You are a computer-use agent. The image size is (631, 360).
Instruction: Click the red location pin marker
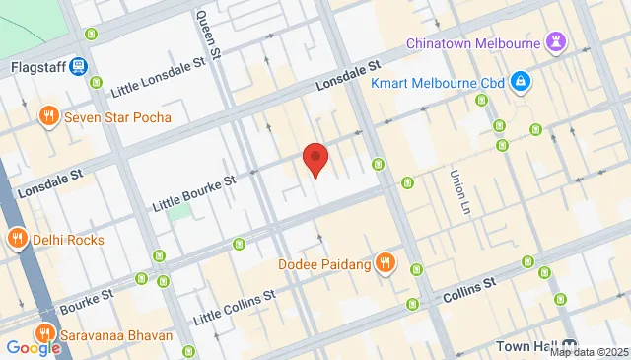(x=315, y=158)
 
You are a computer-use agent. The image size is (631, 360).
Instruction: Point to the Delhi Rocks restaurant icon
(x=17, y=239)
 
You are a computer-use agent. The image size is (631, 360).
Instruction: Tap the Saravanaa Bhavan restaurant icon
(x=44, y=335)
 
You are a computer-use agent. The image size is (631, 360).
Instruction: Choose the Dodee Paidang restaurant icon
(x=386, y=264)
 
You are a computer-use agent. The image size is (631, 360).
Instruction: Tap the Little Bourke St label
(x=194, y=193)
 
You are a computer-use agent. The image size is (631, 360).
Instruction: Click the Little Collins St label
(x=233, y=307)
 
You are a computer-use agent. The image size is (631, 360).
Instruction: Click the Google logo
(x=33, y=347)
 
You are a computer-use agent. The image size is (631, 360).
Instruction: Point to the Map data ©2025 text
(x=589, y=352)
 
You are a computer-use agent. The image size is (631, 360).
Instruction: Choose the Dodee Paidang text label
(x=323, y=264)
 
